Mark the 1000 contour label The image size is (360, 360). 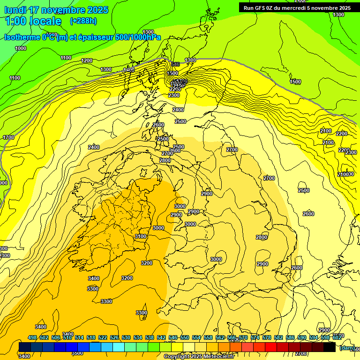point(21,48)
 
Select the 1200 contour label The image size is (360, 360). point(87,60)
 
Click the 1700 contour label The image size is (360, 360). point(8,137)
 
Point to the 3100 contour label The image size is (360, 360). point(141,237)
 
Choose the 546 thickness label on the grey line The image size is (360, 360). point(175,64)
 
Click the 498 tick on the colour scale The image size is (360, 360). point(32,338)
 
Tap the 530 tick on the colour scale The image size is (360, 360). point(126,338)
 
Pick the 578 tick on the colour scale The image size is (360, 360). point(266,338)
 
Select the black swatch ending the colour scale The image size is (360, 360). point(330,347)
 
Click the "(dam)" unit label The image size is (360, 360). point(347,347)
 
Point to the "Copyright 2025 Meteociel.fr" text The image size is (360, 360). point(199,357)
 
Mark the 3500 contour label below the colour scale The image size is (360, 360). point(77,353)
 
